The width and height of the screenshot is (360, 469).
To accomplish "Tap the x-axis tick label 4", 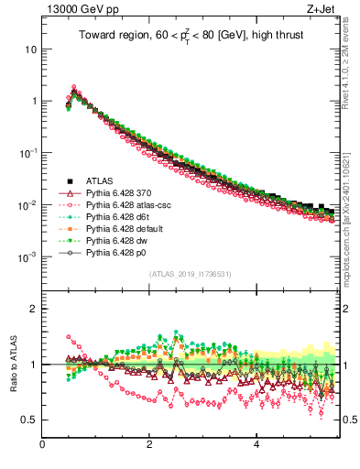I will click(256, 446).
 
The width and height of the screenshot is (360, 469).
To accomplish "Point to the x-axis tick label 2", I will click(149, 446).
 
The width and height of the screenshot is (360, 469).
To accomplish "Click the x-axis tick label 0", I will click(43, 446).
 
